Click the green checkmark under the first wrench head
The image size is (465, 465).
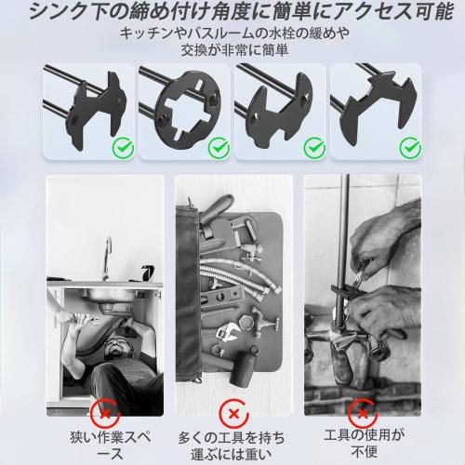[121, 146]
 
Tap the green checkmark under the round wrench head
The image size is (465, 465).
[218, 146]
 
